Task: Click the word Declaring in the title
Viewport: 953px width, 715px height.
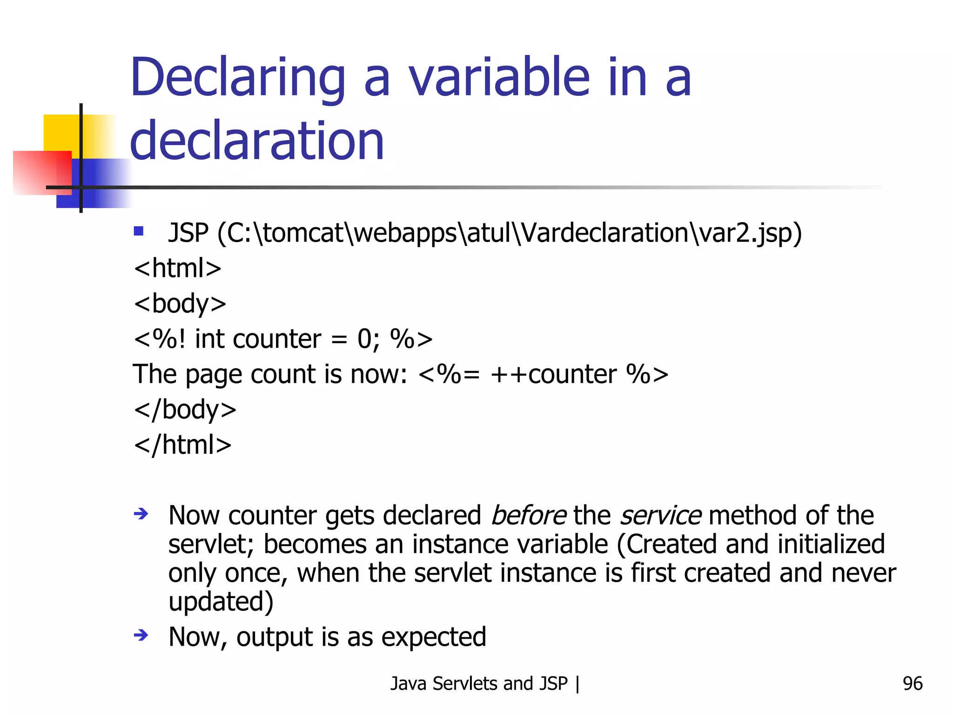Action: point(237,78)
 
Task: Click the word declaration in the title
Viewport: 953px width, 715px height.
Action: point(257,141)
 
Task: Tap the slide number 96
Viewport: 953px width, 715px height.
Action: point(912,683)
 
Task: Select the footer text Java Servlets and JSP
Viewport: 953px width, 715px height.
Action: point(479,683)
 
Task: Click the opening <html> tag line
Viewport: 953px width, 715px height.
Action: point(177,268)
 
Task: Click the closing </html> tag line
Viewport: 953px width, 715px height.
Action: point(182,445)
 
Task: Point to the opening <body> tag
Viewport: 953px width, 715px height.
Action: point(180,304)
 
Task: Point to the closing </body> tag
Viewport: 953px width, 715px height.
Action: point(185,410)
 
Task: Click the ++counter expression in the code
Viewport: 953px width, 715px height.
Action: point(553,374)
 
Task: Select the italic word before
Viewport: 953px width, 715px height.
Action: point(529,516)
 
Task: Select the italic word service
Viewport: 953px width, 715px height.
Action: point(660,516)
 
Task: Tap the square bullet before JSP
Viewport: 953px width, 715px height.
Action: point(138,231)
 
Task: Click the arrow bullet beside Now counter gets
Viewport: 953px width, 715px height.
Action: point(141,514)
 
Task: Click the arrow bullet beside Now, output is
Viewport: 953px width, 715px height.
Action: point(141,635)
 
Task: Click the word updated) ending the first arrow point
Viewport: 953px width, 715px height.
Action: point(221,601)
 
